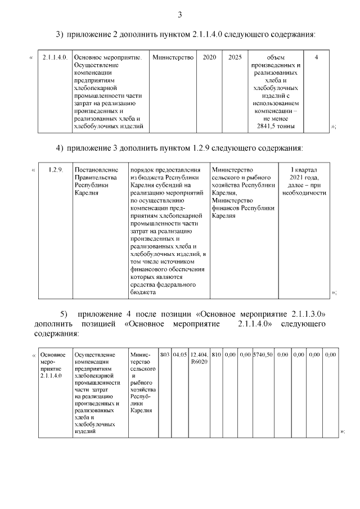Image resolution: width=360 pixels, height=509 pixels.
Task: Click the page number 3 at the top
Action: [x=179, y=15]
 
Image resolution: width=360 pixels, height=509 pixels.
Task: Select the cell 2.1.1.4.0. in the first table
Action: [x=55, y=57]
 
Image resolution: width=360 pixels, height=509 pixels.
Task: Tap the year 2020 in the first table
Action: [x=209, y=57]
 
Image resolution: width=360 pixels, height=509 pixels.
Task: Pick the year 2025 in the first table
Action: [x=235, y=57]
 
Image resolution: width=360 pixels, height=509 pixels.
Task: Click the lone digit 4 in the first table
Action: [x=316, y=57]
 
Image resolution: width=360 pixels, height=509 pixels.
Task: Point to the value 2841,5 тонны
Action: [x=276, y=127]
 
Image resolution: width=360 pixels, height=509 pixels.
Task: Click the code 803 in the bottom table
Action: [x=165, y=355]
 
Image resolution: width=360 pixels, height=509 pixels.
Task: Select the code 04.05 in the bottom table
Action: [x=179, y=355]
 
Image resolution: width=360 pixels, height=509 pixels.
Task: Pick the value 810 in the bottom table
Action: [x=216, y=355]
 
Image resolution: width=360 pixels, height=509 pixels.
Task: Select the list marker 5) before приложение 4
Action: [x=64, y=313]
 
